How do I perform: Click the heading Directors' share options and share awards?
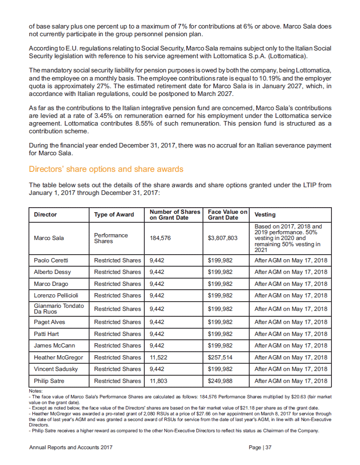tap(106, 170)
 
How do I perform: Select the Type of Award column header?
tap(114, 215)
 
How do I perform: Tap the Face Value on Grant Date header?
tap(227, 215)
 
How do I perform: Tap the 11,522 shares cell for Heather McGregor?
tap(158, 358)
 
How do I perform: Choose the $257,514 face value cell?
tap(220, 358)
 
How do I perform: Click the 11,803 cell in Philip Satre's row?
tap(158, 381)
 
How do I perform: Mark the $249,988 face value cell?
tap(220, 381)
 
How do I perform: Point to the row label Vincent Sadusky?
tap(56, 369)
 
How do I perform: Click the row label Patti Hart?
tap(47, 334)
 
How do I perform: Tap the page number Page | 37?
tap(260, 448)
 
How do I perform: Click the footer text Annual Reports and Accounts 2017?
tap(71, 448)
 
